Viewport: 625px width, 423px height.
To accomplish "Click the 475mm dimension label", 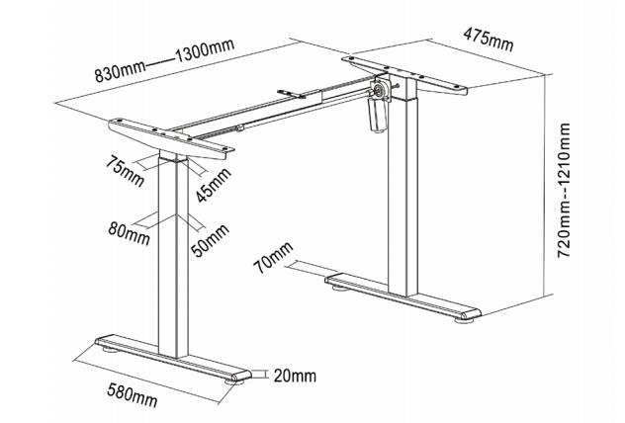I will pyautogui.click(x=489, y=41).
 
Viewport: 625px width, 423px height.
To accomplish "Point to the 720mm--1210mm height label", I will pyautogui.click(x=564, y=191).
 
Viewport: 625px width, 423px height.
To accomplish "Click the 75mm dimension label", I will pyautogui.click(x=127, y=167).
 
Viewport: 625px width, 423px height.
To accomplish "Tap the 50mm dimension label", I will pyautogui.click(x=210, y=240).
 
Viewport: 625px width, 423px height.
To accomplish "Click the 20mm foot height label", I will pyautogui.click(x=296, y=376).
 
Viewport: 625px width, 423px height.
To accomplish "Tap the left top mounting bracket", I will pyautogui.click(x=171, y=138).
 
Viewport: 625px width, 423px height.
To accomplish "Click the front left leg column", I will pyautogui.click(x=172, y=257).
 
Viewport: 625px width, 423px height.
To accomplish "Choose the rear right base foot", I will pyautogui.click(x=405, y=297).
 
